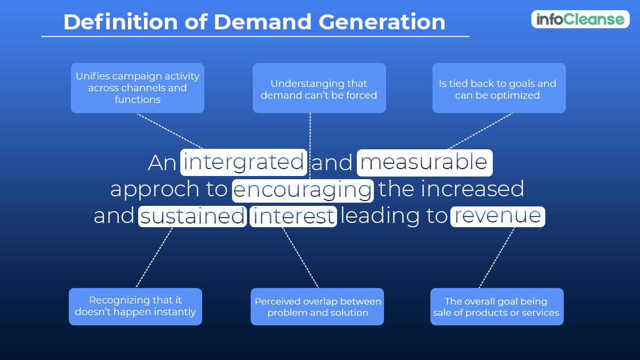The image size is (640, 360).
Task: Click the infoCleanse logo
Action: tap(580, 19)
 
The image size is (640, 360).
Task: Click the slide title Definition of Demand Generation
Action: tap(254, 22)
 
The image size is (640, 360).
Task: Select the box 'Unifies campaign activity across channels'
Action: tap(138, 88)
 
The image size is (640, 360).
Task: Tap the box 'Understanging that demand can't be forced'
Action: tap(319, 89)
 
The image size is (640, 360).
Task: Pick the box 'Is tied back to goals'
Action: tap(499, 89)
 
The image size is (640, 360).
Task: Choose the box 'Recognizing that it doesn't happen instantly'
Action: tap(135, 307)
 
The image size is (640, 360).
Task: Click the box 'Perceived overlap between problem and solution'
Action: tap(317, 307)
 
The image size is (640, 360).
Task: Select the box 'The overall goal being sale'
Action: tap(497, 307)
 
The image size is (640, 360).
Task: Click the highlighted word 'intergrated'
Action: tap(244, 162)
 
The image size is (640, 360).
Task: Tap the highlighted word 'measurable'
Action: tap(424, 162)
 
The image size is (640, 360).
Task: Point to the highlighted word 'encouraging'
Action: tap(302, 189)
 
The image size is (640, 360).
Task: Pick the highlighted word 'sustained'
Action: tap(193, 216)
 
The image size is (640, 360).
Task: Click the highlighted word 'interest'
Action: tap(293, 216)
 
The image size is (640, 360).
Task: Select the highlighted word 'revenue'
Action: tap(497, 216)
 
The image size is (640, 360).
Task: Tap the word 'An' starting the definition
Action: tap(162, 163)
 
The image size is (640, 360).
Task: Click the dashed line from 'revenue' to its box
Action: tap(497, 258)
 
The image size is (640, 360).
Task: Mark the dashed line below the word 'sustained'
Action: tap(154, 258)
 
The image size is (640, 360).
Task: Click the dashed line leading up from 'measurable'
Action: tap(480, 131)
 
